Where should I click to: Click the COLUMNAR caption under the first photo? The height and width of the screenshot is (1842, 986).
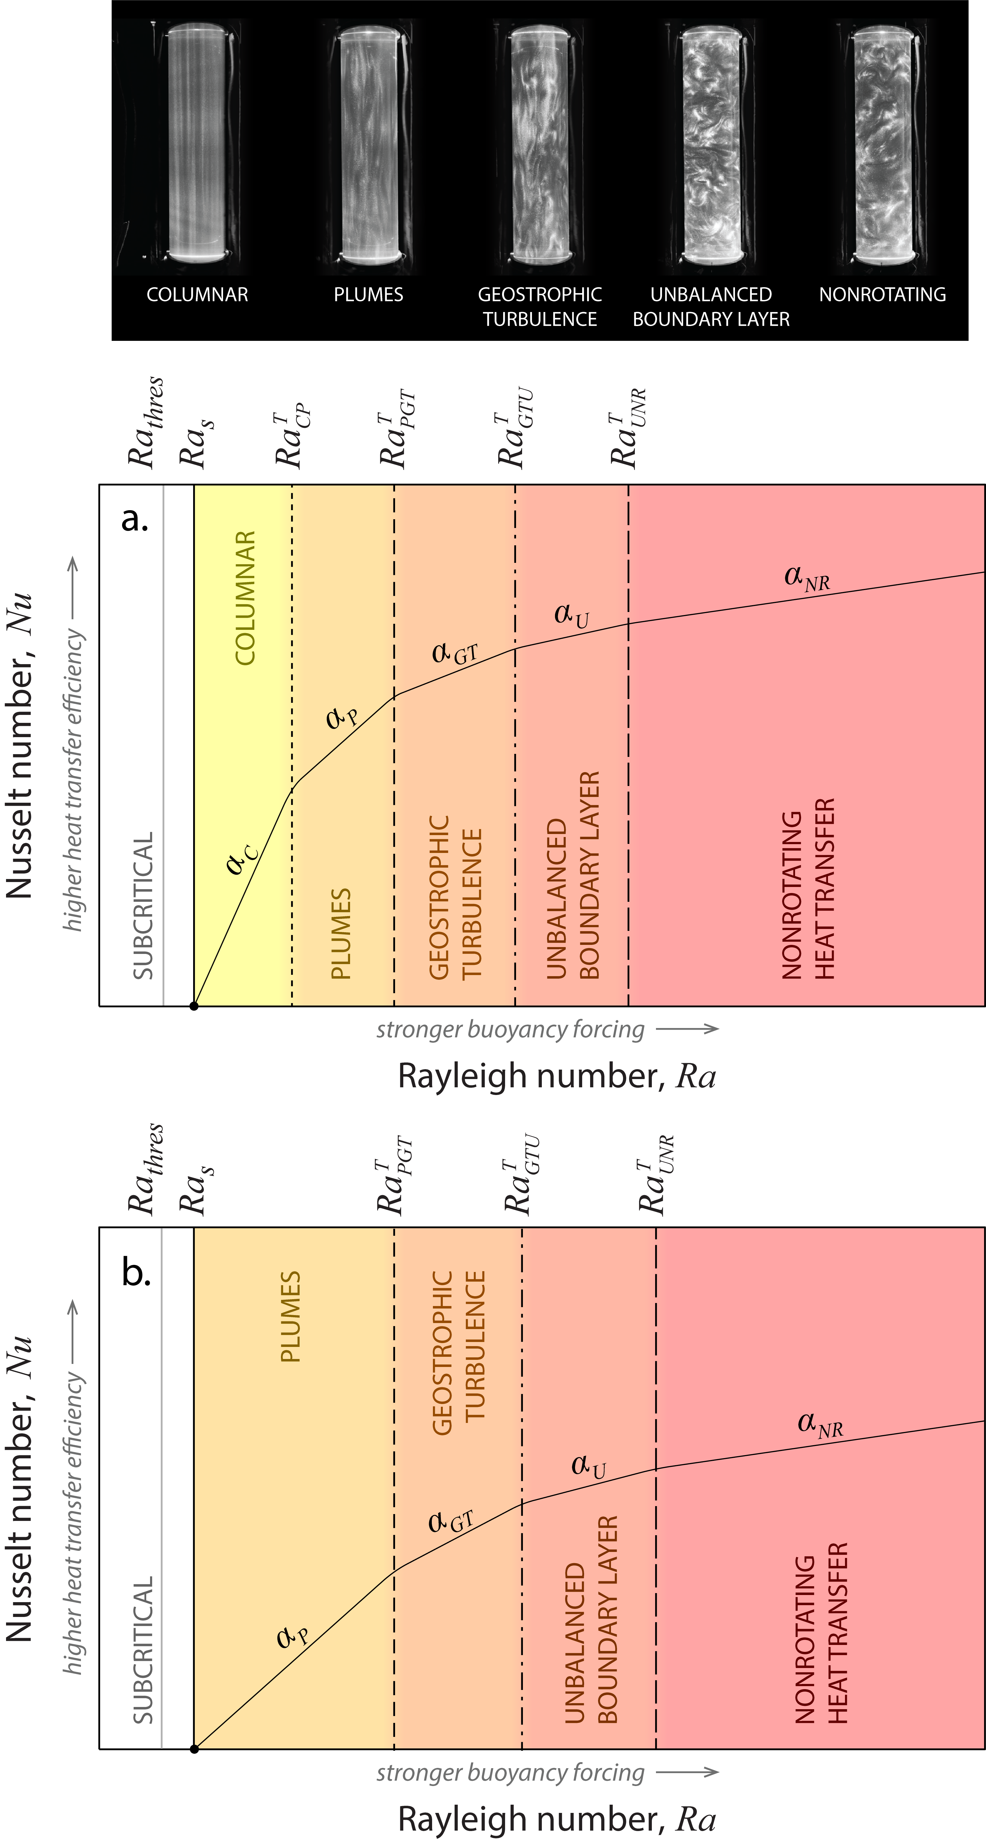point(197,295)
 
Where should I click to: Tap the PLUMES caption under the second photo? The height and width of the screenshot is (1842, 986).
point(368,295)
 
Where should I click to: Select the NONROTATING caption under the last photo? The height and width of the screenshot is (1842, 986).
point(882,295)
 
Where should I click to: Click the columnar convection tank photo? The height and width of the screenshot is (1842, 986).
point(197,147)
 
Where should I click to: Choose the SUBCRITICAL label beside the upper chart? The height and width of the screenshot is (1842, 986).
point(143,905)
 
